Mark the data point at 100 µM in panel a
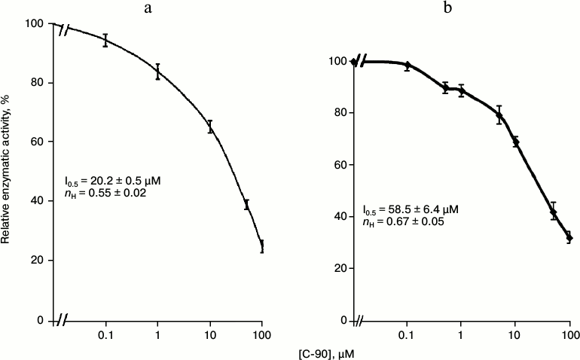(x=262, y=246)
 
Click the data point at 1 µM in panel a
(x=157, y=72)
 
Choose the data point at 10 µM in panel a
(x=210, y=127)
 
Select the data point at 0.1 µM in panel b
(x=408, y=66)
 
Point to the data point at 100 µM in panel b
(x=569, y=238)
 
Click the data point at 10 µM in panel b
(x=516, y=142)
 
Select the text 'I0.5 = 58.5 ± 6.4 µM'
(x=411, y=209)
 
